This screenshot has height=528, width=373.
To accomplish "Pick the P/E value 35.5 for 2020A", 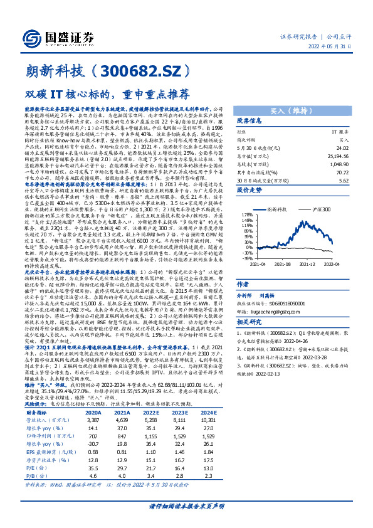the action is pos(93,450).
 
